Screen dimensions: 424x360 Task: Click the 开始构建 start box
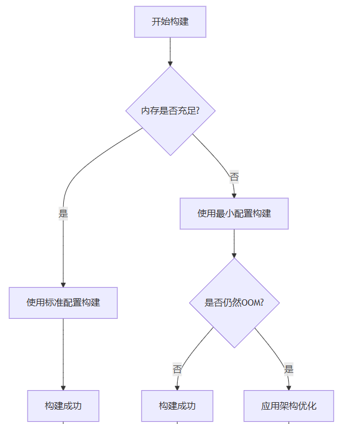click(170, 22)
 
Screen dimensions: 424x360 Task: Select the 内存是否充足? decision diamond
click(170, 110)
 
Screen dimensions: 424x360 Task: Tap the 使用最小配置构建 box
click(234, 214)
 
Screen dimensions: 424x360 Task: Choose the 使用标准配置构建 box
click(63, 303)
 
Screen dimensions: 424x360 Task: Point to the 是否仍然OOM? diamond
click(234, 303)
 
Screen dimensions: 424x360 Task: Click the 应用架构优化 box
click(289, 406)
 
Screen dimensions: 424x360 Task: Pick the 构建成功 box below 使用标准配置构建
click(63, 406)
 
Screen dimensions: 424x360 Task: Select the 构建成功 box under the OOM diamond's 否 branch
click(177, 406)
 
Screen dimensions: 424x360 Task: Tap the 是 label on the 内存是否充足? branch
click(63, 214)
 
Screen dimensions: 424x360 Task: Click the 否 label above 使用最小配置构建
click(234, 177)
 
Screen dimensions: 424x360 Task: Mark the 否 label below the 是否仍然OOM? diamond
click(177, 369)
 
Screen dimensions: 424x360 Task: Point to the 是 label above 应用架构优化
click(289, 369)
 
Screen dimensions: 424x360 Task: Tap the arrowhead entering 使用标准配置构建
click(63, 284)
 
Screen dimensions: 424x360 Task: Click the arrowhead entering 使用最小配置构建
click(234, 195)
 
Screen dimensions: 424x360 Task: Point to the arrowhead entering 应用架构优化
click(289, 387)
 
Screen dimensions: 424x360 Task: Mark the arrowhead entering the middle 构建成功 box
click(177, 387)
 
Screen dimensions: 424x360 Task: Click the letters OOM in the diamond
click(250, 303)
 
